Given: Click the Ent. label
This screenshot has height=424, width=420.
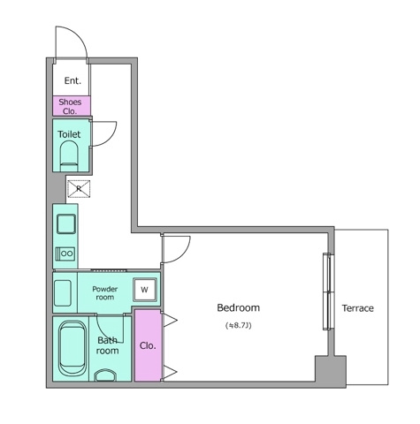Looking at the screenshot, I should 71,81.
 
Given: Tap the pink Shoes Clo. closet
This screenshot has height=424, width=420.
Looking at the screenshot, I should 70,106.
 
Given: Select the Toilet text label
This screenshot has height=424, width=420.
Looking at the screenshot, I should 69,134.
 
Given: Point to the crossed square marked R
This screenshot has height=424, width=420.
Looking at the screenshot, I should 79,188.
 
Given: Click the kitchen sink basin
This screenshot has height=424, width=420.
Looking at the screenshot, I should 65,223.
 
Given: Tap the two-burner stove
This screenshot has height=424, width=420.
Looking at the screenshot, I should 65,254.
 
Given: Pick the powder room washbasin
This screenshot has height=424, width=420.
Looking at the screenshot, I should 63,291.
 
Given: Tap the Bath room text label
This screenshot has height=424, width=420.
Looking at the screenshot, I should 107,345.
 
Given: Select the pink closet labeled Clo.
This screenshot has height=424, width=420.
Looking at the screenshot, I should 148,345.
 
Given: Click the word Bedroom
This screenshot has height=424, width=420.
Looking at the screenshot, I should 238,308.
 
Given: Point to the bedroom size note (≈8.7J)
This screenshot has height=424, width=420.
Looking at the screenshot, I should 238,326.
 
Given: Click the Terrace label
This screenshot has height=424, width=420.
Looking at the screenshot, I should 357,308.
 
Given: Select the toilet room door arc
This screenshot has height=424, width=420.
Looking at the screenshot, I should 104,132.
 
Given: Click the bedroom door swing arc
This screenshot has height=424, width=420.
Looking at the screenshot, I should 175,249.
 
